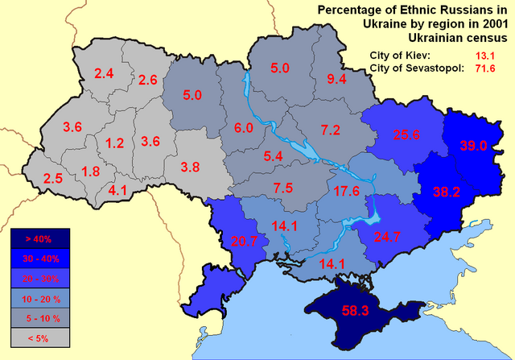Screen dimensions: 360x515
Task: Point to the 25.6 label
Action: point(406,135)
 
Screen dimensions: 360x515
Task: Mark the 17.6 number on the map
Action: point(347,191)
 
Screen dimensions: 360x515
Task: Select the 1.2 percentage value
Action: point(115,143)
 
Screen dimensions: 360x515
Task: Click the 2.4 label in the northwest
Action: point(104,74)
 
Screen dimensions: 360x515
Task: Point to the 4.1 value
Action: point(117,190)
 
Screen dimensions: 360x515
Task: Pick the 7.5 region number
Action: point(282,188)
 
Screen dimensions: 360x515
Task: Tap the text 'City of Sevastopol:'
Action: point(416,68)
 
